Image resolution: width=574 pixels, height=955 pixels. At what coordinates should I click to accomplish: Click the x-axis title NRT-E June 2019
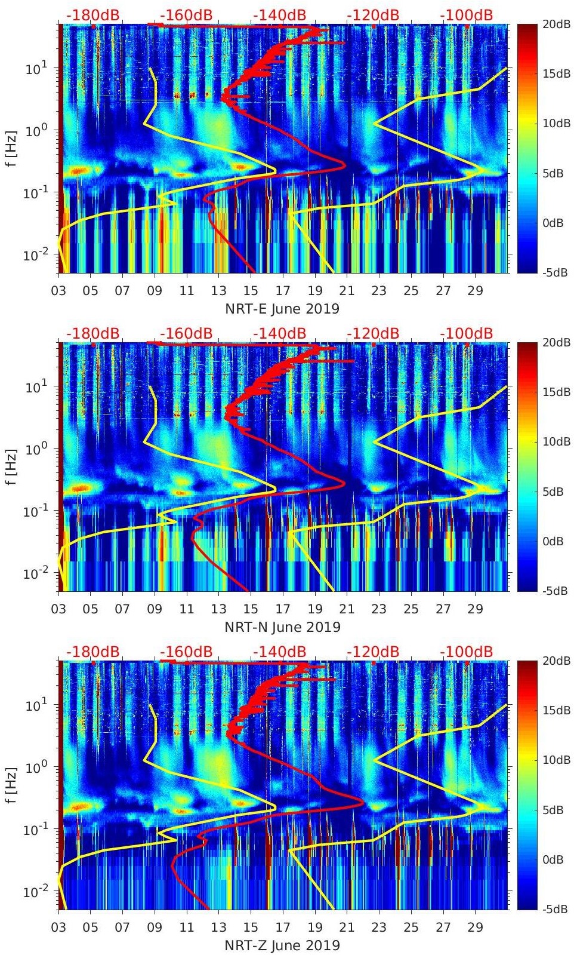[282, 309]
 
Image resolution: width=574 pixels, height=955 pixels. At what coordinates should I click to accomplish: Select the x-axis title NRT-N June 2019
[282, 627]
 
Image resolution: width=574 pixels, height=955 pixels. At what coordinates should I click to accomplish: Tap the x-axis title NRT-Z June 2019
[282, 945]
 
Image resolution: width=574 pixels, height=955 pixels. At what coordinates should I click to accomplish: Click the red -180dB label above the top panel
[92, 15]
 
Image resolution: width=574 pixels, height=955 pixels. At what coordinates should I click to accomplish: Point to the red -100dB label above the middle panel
[467, 333]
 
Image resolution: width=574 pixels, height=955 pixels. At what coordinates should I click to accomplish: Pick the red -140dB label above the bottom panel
[279, 652]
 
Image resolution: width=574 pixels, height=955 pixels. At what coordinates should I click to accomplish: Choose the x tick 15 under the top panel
[251, 291]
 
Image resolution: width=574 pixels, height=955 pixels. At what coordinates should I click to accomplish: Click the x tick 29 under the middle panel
[475, 609]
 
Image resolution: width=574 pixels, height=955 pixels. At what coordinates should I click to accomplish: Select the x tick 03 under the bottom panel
[58, 928]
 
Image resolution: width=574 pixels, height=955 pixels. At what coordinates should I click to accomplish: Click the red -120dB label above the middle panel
[373, 333]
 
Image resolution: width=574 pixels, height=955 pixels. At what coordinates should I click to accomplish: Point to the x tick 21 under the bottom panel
[347, 928]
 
